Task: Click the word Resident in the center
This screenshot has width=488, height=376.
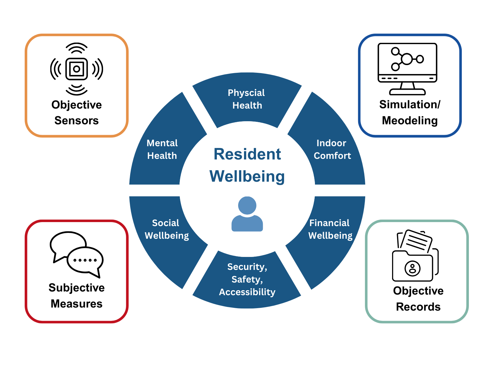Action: (x=247, y=154)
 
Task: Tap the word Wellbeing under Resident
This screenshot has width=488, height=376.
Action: (x=247, y=177)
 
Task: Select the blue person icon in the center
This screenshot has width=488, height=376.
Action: (x=247, y=214)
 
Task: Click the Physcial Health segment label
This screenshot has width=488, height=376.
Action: (x=246, y=99)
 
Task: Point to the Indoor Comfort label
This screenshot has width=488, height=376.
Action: (x=332, y=149)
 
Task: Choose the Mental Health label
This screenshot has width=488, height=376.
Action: (x=162, y=149)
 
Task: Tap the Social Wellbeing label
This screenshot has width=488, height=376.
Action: (x=167, y=229)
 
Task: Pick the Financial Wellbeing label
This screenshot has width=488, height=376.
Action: (x=330, y=229)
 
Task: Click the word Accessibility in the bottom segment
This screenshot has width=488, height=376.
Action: (x=247, y=292)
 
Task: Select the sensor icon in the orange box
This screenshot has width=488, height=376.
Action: (x=77, y=69)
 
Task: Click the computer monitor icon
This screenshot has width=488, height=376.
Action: (x=407, y=69)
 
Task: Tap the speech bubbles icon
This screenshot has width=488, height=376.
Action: (x=77, y=254)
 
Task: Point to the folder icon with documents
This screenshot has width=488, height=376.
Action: (x=415, y=255)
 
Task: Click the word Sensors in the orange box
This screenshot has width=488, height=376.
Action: (x=77, y=121)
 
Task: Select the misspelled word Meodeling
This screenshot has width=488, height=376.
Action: (x=410, y=121)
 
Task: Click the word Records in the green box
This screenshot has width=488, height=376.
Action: (x=418, y=307)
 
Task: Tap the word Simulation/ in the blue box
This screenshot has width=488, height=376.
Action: (x=410, y=105)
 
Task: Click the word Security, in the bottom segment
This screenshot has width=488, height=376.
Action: (x=247, y=267)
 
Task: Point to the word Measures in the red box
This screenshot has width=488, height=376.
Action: (x=77, y=304)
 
